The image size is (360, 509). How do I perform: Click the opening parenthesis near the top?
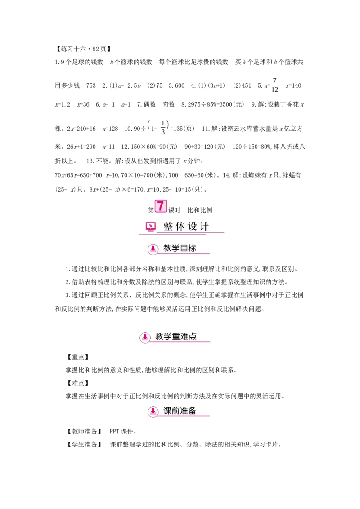(148, 124)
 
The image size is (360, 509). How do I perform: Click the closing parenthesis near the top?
(168, 124)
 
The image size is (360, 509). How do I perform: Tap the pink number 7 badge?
(161, 206)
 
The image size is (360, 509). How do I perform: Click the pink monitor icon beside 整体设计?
(150, 226)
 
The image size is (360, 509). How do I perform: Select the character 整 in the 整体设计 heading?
(168, 226)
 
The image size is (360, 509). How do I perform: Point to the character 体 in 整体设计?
(180, 226)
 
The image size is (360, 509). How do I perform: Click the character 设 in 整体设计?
(193, 226)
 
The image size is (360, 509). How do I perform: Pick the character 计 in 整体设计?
(205, 226)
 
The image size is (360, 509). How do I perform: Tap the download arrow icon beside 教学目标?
(153, 249)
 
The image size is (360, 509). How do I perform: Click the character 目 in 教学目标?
(184, 248)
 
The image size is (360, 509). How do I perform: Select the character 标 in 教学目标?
(192, 248)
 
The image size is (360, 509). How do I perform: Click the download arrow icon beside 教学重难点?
(145, 337)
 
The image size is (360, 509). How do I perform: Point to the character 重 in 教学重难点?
(176, 336)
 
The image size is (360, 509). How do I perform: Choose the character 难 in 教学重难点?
(184, 336)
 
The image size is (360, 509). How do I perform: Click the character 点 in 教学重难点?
(193, 336)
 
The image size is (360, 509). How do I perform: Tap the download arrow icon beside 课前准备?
(153, 411)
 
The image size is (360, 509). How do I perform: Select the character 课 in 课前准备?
(167, 411)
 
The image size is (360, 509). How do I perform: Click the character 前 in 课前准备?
(175, 411)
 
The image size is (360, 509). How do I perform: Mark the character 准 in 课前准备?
(184, 411)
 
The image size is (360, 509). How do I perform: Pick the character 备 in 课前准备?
(192, 411)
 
